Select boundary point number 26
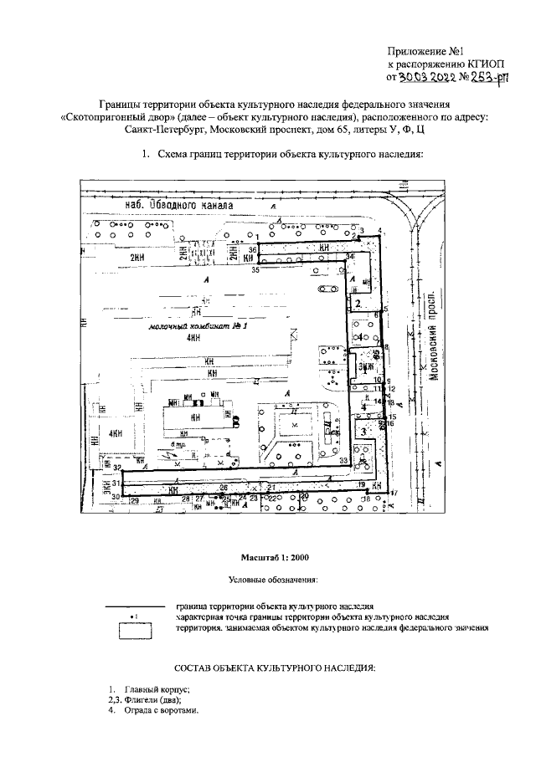point(224,487)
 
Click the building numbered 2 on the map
point(358,303)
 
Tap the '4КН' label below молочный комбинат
point(194,338)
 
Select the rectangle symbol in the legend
point(133,631)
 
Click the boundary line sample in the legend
point(133,605)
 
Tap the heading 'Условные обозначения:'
point(274,579)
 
